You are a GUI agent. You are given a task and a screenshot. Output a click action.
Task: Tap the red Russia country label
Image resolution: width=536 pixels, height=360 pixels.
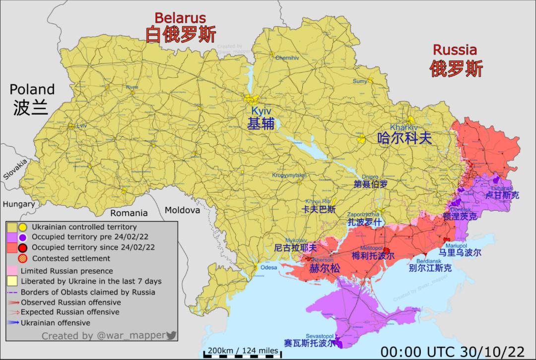point(455,50)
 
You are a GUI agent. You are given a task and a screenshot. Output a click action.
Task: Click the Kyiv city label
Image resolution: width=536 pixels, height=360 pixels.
point(261,112)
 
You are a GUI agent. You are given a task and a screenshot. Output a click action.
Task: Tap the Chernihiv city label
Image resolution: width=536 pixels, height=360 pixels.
point(287,58)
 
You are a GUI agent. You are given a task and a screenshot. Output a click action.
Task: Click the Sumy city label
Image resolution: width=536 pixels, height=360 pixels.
point(360,81)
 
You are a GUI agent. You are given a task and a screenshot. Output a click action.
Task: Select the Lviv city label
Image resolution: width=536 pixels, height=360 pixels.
point(81,126)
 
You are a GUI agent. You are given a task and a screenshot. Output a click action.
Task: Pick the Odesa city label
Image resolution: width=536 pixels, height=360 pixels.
point(268,268)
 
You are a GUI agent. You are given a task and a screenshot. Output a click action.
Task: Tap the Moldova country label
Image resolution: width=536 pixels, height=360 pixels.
point(182,210)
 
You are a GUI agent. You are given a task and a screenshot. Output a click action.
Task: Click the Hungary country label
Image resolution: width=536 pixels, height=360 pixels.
point(18,204)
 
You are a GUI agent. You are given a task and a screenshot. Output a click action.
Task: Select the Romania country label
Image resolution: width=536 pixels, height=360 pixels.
point(129,213)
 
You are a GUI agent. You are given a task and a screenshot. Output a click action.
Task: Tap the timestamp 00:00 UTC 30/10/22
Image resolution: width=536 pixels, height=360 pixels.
point(452,351)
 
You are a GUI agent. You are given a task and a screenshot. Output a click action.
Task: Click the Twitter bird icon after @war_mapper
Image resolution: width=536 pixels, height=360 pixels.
point(171,336)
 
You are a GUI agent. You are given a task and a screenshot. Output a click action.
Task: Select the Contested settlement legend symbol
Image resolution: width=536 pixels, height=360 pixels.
point(22,258)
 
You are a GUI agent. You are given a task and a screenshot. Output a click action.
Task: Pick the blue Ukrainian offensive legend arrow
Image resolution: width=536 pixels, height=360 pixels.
point(13,323)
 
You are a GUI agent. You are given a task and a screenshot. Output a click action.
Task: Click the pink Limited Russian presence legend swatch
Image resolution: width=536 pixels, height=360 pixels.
point(13,271)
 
